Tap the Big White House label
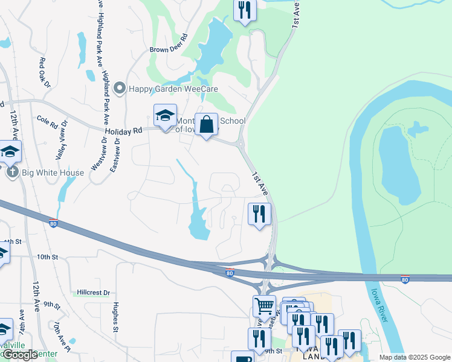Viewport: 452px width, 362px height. tap(53, 173)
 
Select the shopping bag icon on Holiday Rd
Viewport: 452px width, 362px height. tap(206, 125)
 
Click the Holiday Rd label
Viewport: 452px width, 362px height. tap(123, 130)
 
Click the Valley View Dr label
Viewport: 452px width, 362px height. tap(62, 144)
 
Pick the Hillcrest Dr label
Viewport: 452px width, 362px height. tap(93, 293)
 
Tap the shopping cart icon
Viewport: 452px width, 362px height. tap(264, 306)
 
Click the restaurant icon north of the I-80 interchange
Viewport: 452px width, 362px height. tap(259, 213)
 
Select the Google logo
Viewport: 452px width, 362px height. tap(20, 355)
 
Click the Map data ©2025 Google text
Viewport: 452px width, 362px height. tap(414, 357)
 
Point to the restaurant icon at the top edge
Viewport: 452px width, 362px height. tap(245, 10)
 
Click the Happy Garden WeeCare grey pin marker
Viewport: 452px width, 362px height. tap(119, 89)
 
